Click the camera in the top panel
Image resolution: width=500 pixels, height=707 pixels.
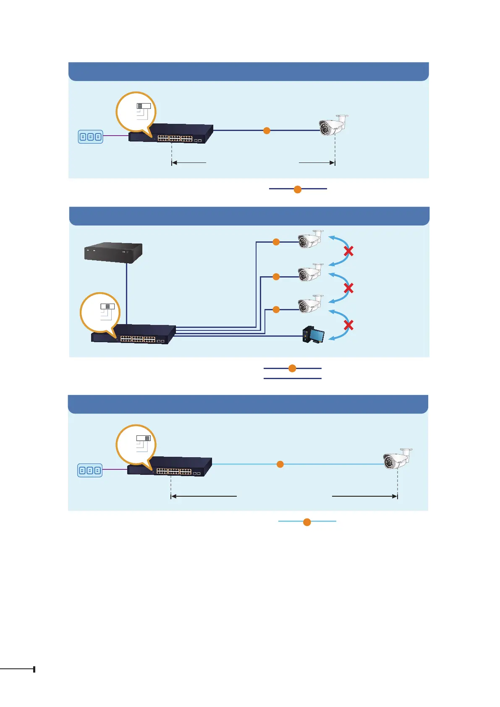(333, 125)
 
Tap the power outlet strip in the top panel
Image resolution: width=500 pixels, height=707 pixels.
(90, 137)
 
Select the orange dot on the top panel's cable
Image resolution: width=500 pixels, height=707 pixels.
(266, 131)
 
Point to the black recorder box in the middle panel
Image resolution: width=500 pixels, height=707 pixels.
(113, 253)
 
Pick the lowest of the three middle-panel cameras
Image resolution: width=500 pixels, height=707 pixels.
(310, 304)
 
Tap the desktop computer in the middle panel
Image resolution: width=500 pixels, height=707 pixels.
(314, 335)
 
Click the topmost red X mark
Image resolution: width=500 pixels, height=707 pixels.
(348, 251)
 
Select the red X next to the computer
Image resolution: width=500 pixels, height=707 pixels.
(348, 325)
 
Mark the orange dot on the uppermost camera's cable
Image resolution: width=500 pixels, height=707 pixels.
(276, 242)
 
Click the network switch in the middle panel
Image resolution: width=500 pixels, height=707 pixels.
(134, 335)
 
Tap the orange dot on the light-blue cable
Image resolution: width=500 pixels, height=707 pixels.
(280, 464)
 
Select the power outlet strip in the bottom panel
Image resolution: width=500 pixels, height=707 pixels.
(90, 471)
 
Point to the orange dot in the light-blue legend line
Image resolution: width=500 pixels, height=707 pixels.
(307, 522)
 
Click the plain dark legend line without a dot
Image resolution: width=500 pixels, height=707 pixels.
(292, 378)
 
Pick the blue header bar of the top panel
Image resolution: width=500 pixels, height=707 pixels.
(249, 71)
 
